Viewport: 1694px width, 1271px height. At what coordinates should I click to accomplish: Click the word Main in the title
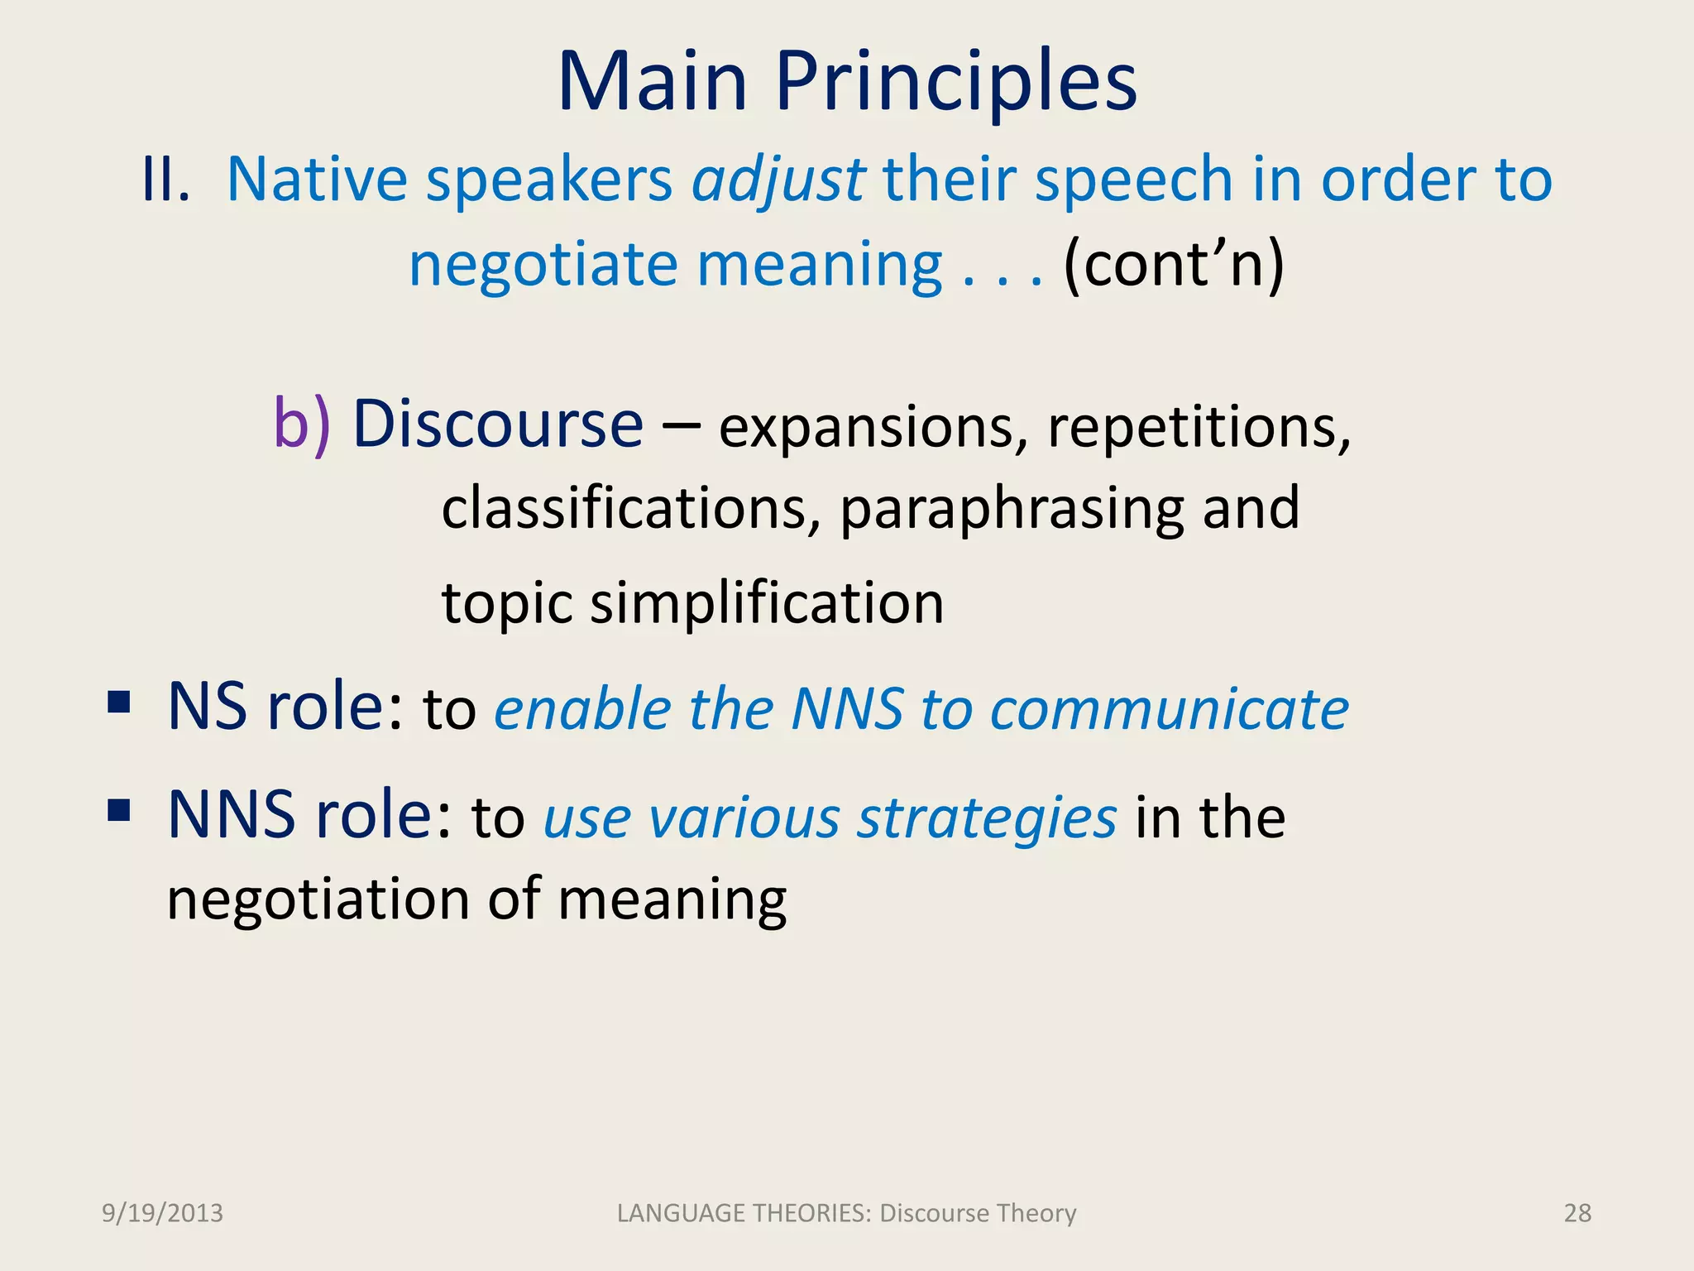(x=653, y=82)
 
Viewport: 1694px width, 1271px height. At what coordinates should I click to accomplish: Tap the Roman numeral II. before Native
(x=165, y=179)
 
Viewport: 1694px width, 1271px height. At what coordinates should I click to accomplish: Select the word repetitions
(x=1199, y=427)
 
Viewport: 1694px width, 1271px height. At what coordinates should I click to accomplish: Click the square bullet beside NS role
(x=119, y=703)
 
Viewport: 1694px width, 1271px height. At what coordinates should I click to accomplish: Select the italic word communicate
(x=1169, y=710)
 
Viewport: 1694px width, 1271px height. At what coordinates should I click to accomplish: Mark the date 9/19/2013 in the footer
(x=162, y=1213)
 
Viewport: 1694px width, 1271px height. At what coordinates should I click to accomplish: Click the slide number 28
(x=1577, y=1213)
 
